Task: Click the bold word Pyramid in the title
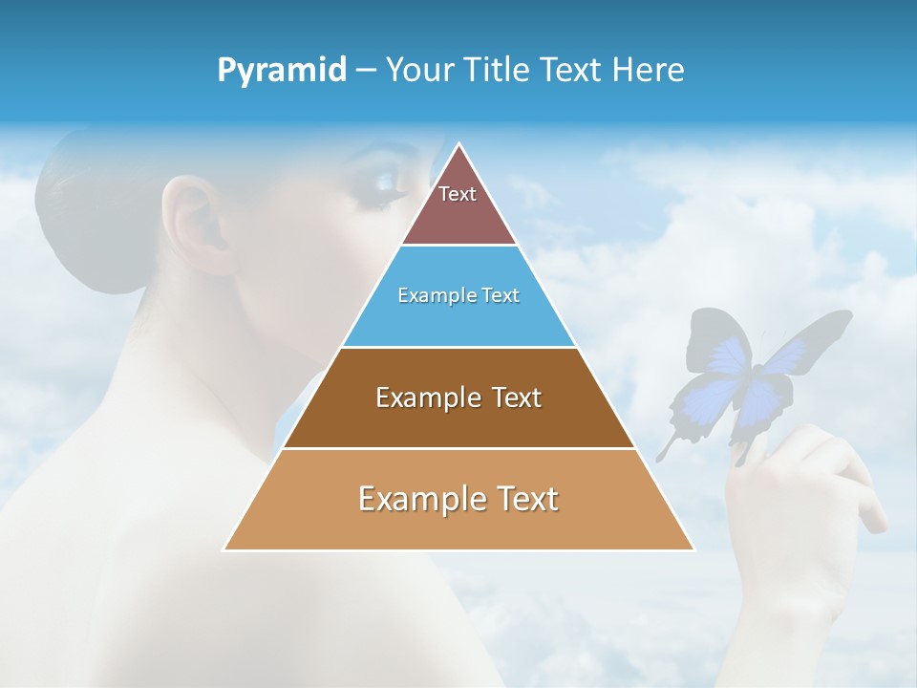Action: [x=282, y=70]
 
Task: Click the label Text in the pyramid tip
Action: [x=458, y=194]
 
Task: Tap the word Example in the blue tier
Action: [x=427, y=296]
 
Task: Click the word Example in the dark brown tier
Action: [x=417, y=398]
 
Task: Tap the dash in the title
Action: [x=366, y=71]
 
